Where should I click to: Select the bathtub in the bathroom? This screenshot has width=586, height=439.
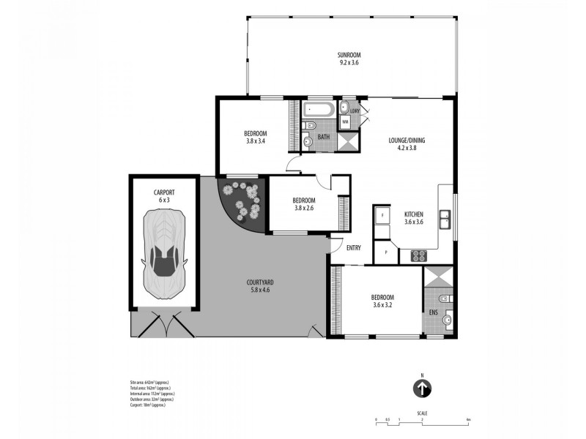(319, 111)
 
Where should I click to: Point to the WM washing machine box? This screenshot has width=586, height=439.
(345, 121)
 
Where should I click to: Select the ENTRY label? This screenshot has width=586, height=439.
(354, 247)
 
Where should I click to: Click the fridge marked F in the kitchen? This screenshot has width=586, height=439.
(382, 217)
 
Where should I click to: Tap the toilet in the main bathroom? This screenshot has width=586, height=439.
(309, 140)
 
